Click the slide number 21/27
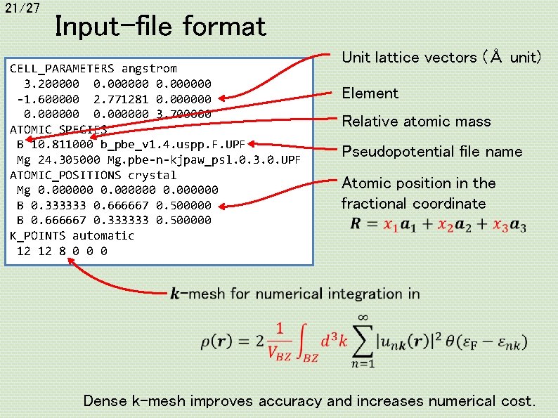point(21,8)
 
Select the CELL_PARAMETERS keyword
point(62,69)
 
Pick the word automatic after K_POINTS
point(103,235)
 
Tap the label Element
point(370,93)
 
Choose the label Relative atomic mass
point(416,122)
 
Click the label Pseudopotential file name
point(432,151)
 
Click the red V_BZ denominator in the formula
point(279,354)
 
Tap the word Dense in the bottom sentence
point(105,401)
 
